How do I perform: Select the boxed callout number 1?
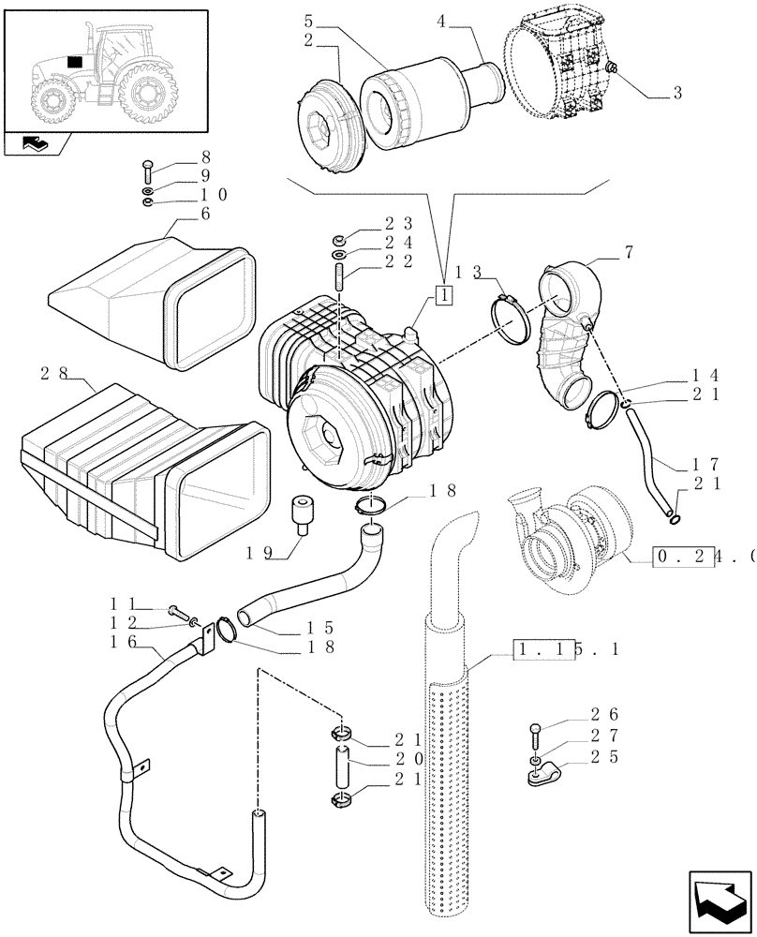[x=443, y=294]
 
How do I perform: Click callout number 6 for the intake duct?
[x=204, y=215]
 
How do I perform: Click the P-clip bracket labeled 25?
[x=540, y=774]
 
